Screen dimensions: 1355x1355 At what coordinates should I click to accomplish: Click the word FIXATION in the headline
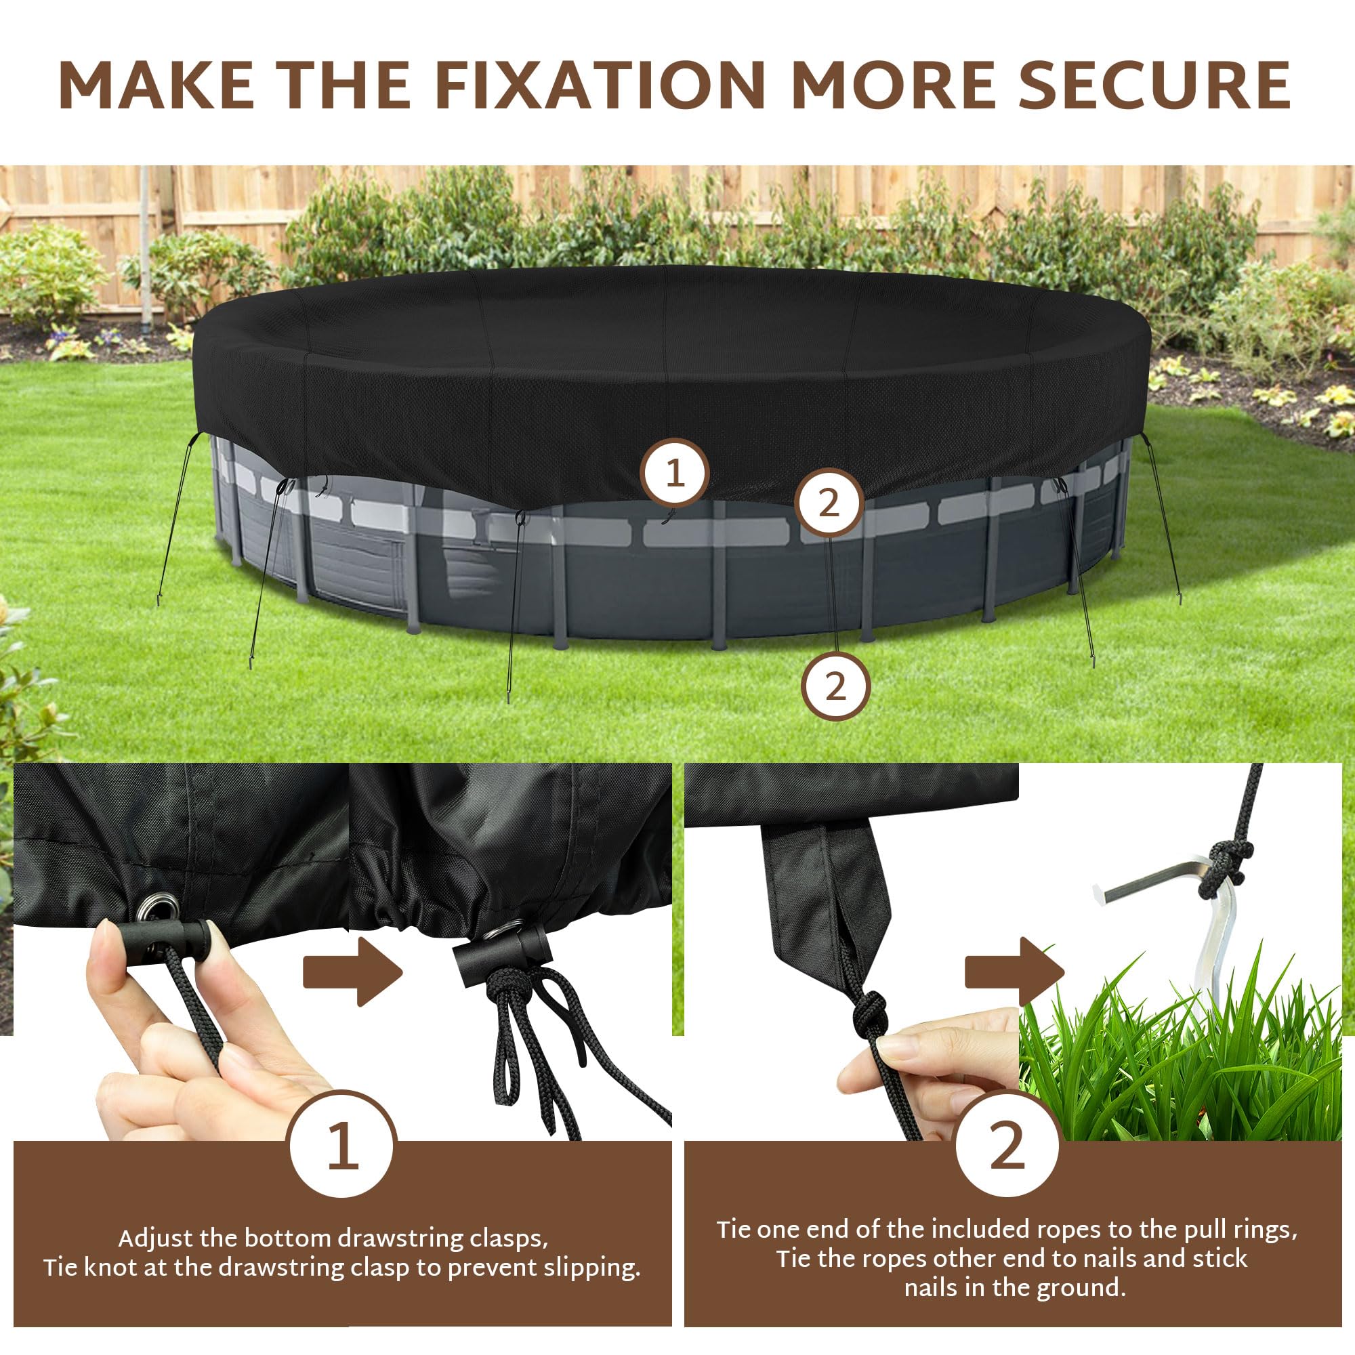pyautogui.click(x=600, y=85)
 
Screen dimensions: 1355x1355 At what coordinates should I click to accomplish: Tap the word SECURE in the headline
pyautogui.click(x=1154, y=85)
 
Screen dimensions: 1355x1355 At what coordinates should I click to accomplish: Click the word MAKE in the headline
pyautogui.click(x=157, y=85)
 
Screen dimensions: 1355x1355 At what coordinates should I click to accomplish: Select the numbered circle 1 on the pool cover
pyautogui.click(x=675, y=474)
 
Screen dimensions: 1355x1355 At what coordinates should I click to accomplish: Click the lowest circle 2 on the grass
pyautogui.click(x=835, y=686)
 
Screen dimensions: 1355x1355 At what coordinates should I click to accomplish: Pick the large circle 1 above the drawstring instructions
pyautogui.click(x=343, y=1145)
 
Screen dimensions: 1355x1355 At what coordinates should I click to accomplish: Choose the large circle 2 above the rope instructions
pyautogui.click(x=1007, y=1145)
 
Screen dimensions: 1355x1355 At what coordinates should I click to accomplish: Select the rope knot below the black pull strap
pyautogui.click(x=870, y=1016)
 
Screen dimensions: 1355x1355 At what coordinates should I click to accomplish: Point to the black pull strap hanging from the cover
pyautogui.click(x=828, y=904)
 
